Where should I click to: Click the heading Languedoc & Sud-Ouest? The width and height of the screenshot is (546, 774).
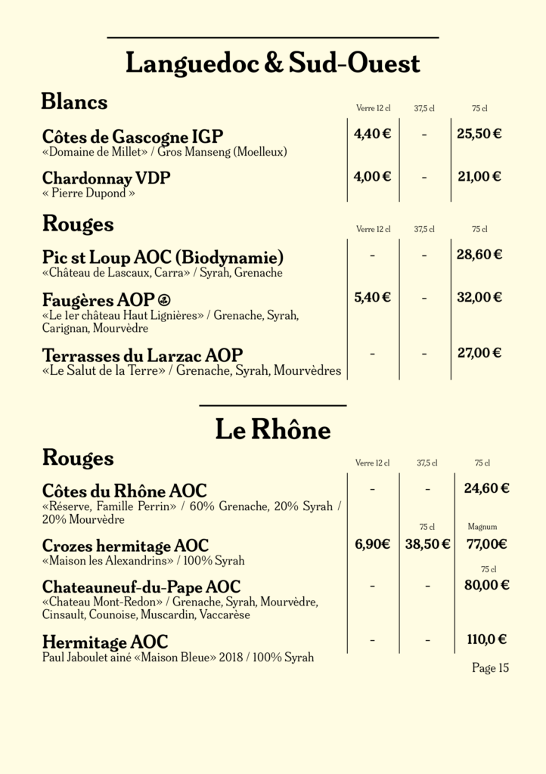click(272, 63)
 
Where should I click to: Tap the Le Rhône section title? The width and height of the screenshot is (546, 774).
click(272, 430)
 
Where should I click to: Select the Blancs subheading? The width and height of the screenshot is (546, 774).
click(74, 101)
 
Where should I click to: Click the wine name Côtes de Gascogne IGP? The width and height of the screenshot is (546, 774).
click(133, 137)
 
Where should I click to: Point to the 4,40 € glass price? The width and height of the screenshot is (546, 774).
click(372, 135)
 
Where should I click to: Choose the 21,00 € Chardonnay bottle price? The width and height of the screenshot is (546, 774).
click(479, 177)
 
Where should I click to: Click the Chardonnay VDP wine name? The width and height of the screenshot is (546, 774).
click(107, 178)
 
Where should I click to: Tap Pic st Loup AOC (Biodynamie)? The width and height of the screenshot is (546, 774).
click(163, 256)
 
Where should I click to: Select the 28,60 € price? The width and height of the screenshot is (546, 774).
click(479, 255)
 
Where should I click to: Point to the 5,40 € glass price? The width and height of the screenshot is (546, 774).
click(372, 297)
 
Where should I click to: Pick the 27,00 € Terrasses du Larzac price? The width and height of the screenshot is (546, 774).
click(479, 352)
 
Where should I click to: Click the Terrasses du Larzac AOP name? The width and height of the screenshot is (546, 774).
click(142, 355)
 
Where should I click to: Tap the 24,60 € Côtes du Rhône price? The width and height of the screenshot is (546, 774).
click(486, 488)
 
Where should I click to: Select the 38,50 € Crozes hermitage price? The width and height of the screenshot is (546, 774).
click(427, 543)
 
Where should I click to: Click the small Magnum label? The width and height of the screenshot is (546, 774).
click(482, 527)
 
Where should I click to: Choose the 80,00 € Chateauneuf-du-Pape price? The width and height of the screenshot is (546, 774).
click(486, 584)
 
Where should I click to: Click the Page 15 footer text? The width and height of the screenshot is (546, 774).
click(490, 668)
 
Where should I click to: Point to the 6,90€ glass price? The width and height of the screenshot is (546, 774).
click(372, 543)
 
